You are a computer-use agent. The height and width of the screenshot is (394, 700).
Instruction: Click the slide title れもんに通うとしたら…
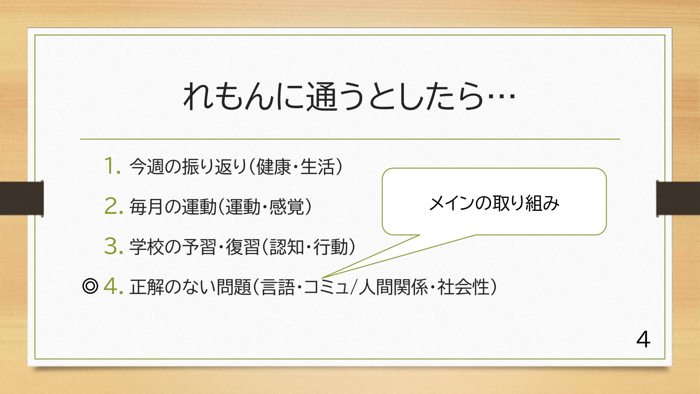[349, 97]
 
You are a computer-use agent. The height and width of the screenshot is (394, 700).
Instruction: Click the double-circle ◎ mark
[90, 286]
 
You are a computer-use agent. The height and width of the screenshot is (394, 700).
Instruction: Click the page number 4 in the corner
[643, 340]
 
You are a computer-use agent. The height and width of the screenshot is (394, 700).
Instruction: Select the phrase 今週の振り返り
[188, 166]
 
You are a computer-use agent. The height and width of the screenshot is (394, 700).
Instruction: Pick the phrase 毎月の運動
[173, 206]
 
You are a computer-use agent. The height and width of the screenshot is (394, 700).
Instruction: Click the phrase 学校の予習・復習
[194, 246]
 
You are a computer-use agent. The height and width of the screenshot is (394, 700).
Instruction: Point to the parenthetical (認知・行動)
[308, 246]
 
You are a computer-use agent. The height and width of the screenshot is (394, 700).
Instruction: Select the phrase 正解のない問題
[190, 286]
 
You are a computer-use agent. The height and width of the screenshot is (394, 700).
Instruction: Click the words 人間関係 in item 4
[393, 286]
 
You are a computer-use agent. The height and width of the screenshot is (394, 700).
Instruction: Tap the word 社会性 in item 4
[463, 286]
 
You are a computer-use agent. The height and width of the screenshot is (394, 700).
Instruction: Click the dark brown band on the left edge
[22, 198]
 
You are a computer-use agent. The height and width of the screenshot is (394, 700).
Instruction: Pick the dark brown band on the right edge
[678, 198]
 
